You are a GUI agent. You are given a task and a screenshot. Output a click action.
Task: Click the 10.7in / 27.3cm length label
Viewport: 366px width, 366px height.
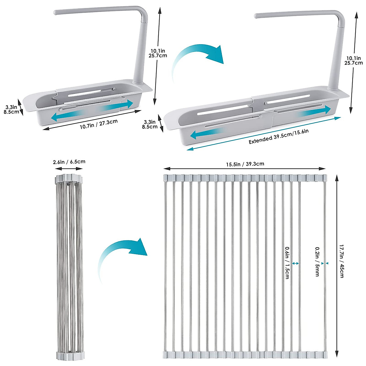click(99, 124)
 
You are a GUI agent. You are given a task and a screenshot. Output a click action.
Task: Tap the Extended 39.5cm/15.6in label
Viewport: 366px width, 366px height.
click(278, 136)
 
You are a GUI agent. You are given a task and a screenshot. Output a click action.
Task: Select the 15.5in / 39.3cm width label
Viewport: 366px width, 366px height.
click(245, 164)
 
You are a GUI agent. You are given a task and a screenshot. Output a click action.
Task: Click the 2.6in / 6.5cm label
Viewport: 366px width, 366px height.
click(69, 162)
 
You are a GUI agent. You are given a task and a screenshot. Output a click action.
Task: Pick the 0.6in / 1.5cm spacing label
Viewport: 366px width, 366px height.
click(287, 263)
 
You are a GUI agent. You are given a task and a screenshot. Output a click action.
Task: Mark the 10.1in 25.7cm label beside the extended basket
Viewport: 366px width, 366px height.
click(353, 60)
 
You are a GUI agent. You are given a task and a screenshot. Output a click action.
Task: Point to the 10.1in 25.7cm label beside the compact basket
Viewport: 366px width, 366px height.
click(158, 53)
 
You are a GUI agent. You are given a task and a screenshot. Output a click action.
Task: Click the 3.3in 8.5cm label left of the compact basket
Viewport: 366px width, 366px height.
click(11, 109)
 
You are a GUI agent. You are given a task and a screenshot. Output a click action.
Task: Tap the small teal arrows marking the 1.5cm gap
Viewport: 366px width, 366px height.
click(295, 263)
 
